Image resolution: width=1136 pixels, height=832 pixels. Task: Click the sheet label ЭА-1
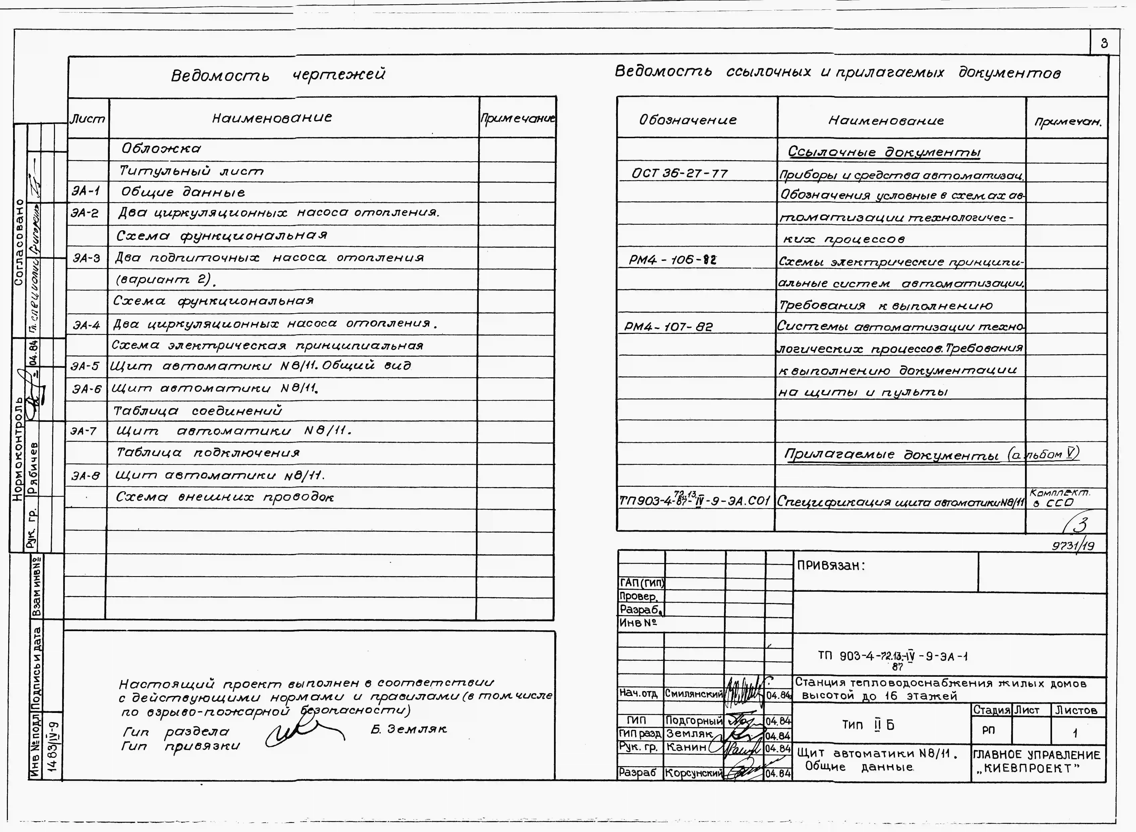(x=86, y=191)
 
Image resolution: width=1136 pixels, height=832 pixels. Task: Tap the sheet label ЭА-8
(x=86, y=475)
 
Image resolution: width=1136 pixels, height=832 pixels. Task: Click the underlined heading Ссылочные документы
(x=884, y=152)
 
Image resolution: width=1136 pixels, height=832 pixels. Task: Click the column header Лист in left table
(x=88, y=119)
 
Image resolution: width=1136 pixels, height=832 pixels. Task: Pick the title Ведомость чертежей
(x=278, y=75)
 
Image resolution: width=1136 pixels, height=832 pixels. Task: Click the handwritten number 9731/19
(x=1072, y=545)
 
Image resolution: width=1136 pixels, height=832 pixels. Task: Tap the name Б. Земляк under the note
(x=408, y=729)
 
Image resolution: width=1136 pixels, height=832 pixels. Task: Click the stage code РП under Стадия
(x=988, y=730)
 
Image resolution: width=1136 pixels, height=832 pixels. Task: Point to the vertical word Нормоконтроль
(x=19, y=448)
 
